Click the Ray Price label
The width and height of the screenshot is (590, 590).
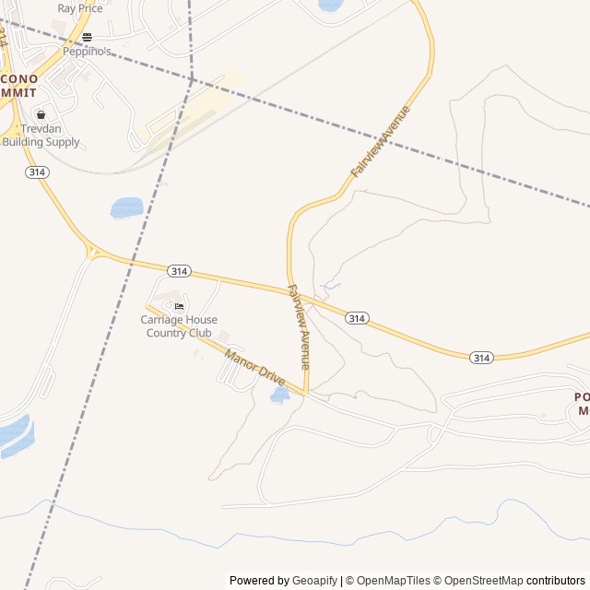pos(79,8)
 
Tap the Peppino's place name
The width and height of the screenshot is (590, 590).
pos(87,53)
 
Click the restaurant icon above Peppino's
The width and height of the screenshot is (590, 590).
pos(87,37)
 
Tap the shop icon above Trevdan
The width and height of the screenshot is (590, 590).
pos(41,115)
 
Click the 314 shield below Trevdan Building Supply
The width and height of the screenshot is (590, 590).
pos(38,172)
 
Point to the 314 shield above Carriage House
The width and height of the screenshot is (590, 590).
pos(179,270)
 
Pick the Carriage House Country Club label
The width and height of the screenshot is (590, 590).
pos(179,326)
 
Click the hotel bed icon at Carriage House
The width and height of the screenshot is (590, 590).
pos(179,306)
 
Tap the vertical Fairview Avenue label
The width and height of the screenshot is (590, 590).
pos(299,327)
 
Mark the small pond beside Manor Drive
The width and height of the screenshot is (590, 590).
pos(279,395)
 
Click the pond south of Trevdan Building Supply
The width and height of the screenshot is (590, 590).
pos(126,207)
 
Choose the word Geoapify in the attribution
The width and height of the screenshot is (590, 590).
pos(314,581)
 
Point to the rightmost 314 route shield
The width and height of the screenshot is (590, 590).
pos(480,357)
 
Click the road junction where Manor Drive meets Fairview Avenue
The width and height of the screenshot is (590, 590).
pos(306,395)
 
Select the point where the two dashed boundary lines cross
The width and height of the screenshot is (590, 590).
pos(192,80)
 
